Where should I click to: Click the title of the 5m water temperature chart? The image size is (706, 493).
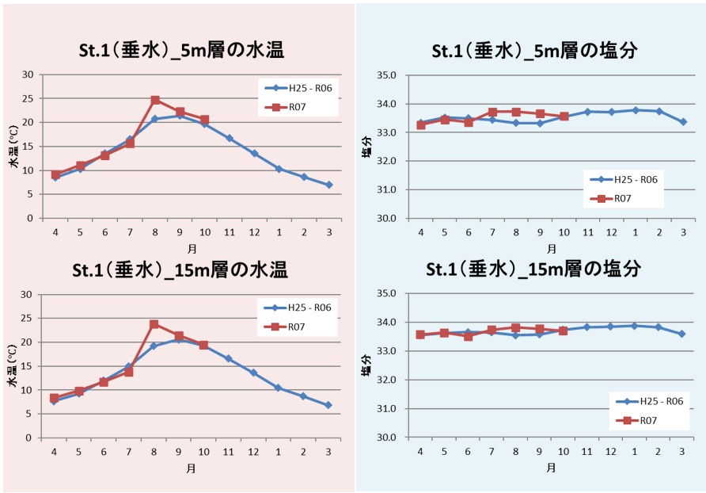coord(180,52)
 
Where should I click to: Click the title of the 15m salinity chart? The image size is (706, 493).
coord(533,269)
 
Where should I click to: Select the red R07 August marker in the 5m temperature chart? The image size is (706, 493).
coord(155,100)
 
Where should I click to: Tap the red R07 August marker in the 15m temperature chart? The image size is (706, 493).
coord(154,324)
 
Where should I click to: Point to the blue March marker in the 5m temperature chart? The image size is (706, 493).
coord(328,185)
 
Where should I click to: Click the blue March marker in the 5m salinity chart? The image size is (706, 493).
coord(683,122)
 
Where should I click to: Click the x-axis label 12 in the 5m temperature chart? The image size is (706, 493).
coord(254,233)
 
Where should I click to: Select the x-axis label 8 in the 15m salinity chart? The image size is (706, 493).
coord(516,452)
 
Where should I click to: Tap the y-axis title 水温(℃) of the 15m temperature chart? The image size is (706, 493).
coord(13,366)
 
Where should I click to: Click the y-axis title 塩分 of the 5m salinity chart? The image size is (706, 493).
coord(367,147)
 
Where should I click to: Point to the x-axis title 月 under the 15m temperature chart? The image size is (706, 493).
coord(192,468)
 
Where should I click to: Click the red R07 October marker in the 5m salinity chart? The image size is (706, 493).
coord(564,116)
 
